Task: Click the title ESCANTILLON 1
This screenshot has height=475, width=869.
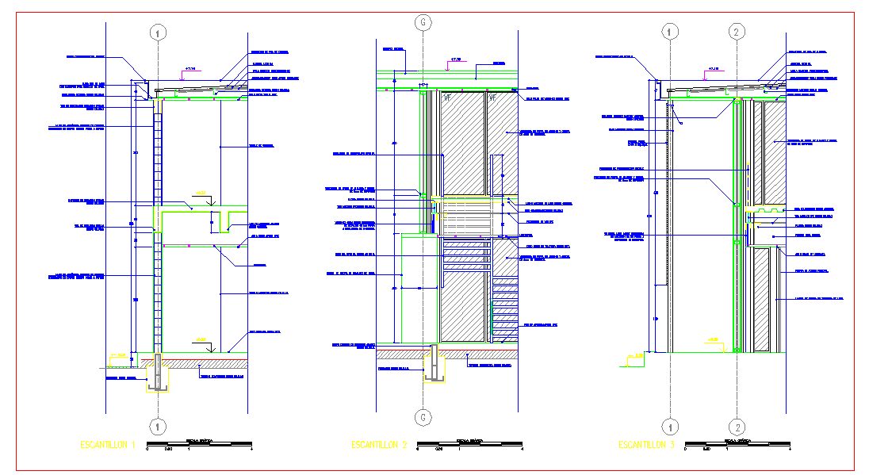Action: click(x=108, y=444)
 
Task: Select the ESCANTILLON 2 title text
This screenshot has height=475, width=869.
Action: click(x=379, y=445)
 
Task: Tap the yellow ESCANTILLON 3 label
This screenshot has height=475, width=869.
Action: click(x=646, y=445)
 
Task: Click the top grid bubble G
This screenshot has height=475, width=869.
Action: click(x=423, y=23)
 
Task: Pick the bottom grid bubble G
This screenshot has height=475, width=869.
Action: click(x=423, y=417)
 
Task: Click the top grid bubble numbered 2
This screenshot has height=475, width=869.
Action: click(x=737, y=32)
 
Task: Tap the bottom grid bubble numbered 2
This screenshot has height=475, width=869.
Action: click(x=737, y=426)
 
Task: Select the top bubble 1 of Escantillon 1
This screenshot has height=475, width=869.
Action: click(x=159, y=33)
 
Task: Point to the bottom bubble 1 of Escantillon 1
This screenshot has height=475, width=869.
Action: click(x=159, y=426)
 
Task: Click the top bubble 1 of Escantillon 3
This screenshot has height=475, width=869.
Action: click(x=672, y=32)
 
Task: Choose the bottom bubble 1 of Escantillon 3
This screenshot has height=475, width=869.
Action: click(x=672, y=426)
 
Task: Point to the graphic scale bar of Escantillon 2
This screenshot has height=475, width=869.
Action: click(x=470, y=445)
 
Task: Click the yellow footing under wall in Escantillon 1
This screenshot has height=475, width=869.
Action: click(x=158, y=376)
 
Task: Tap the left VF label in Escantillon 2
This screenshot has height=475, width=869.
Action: click(x=448, y=98)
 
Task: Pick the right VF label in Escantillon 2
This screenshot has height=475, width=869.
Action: click(x=492, y=98)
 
